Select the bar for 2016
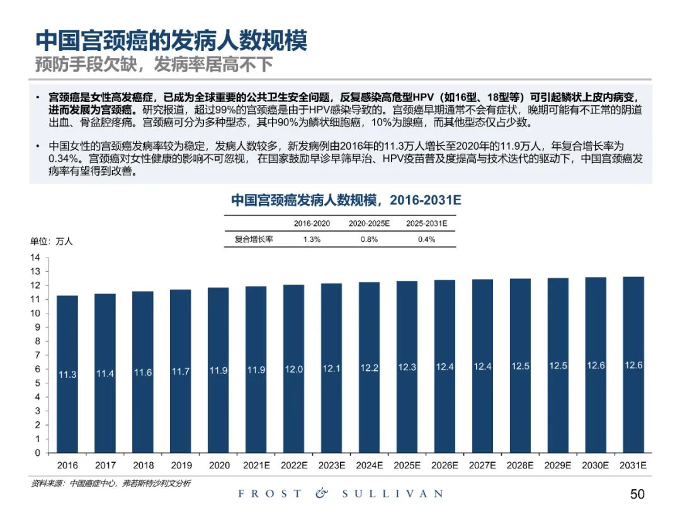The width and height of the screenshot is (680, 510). click(x=67, y=374)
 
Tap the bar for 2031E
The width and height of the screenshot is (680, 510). click(x=633, y=365)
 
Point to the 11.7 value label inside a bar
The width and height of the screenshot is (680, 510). click(x=181, y=372)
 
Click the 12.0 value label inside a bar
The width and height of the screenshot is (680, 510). click(x=294, y=370)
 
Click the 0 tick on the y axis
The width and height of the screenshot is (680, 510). click(x=38, y=453)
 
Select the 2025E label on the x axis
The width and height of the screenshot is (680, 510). click(x=407, y=466)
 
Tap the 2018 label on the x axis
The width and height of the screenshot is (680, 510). click(x=143, y=466)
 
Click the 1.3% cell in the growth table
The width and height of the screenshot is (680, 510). click(x=312, y=239)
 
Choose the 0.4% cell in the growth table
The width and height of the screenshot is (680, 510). click(x=426, y=239)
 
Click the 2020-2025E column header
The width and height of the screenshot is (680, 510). click(x=369, y=224)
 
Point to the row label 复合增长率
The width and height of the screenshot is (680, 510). click(x=254, y=239)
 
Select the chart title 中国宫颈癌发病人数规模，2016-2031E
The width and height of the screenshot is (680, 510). click(x=346, y=200)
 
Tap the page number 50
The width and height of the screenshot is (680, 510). click(x=637, y=494)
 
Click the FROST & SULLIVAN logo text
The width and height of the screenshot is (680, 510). click(x=341, y=494)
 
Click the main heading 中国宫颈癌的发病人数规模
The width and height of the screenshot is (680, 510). click(x=171, y=41)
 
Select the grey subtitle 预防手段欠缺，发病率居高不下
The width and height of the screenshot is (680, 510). click(x=154, y=64)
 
